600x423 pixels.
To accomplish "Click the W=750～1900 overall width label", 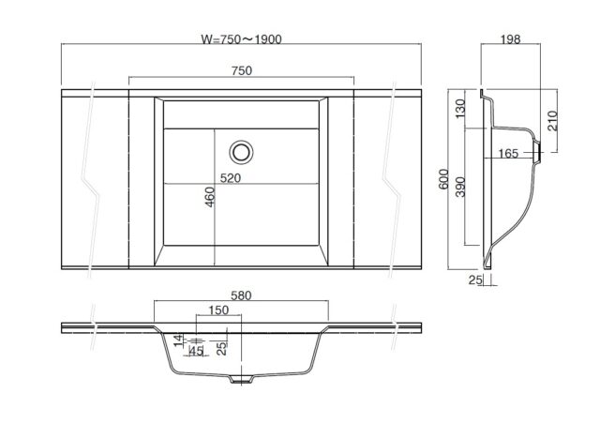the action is pyautogui.click(x=241, y=39).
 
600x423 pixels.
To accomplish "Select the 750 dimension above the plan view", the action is pyautogui.click(x=242, y=71).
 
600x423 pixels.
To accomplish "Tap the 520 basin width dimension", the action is pyautogui.click(x=231, y=178).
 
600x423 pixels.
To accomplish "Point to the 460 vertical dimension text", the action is pyautogui.click(x=210, y=197).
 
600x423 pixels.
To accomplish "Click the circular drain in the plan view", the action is pyautogui.click(x=241, y=152).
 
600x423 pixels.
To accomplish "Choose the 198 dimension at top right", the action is pyautogui.click(x=510, y=39).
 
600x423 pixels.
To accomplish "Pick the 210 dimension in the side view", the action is pyautogui.click(x=552, y=121).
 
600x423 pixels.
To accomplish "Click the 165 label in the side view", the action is pyautogui.click(x=508, y=154).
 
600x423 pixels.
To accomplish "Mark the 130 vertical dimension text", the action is pyautogui.click(x=460, y=109).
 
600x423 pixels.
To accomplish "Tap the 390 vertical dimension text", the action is pyautogui.click(x=460, y=187).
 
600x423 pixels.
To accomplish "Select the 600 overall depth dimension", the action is pyautogui.click(x=443, y=179).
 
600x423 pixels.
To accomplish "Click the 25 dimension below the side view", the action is pyautogui.click(x=475, y=279).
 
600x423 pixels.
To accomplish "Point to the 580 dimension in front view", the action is pyautogui.click(x=241, y=295).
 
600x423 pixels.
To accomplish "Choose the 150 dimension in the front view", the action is pyautogui.click(x=218, y=310).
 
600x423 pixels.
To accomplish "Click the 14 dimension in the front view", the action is pyautogui.click(x=179, y=340).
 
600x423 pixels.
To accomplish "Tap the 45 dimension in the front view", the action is pyautogui.click(x=196, y=351).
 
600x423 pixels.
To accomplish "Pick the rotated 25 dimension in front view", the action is pyautogui.click(x=222, y=348).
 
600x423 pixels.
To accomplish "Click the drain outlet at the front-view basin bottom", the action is pyautogui.click(x=241, y=379).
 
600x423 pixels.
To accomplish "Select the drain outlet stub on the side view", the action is pyautogui.click(x=537, y=153).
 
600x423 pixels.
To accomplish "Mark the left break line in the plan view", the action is pyautogui.click(x=91, y=180).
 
